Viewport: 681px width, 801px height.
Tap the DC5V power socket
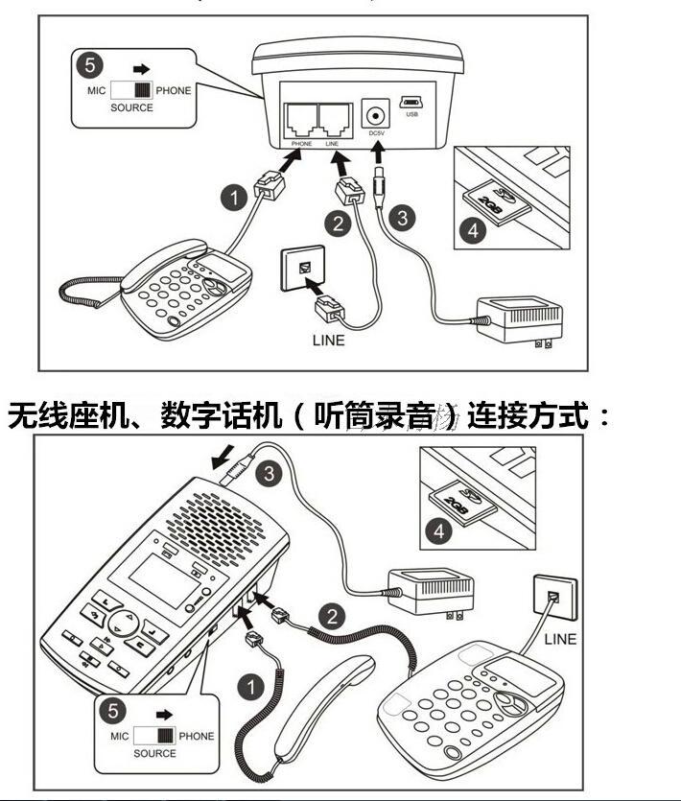[376, 116]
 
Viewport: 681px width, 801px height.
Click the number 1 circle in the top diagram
[232, 199]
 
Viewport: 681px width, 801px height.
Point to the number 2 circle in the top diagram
[337, 224]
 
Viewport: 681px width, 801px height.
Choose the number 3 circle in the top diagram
[403, 218]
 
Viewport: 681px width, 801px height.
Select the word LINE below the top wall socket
[328, 340]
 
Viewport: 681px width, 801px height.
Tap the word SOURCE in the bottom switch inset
[155, 753]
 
